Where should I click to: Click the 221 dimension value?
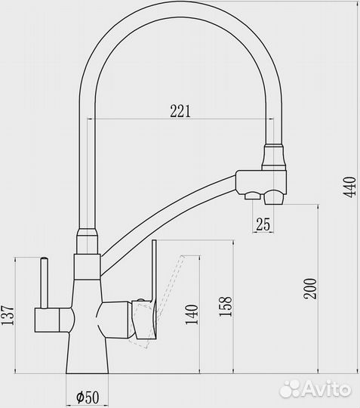coord(179,110)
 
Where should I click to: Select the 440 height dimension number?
coord(349,185)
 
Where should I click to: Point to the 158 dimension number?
coord(225,311)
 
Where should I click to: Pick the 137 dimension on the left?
coord(8,315)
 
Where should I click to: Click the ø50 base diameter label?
coord(90,396)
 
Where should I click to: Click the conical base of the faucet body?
coord(88,354)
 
